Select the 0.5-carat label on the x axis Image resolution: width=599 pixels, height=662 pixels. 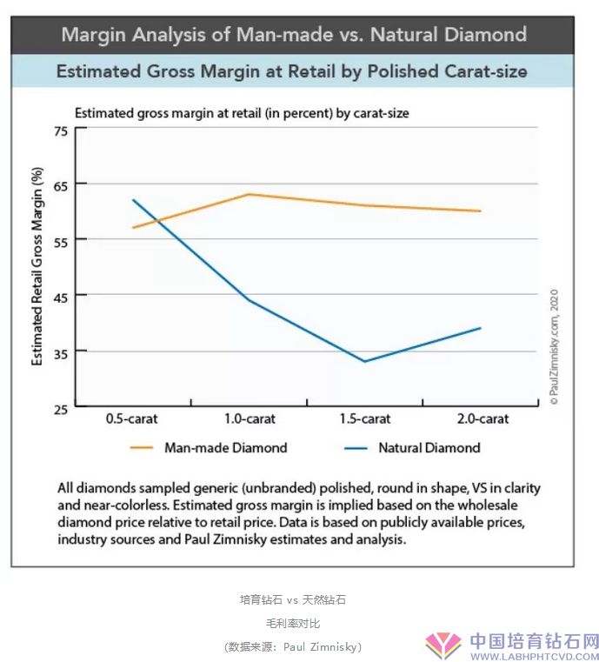pyautogui.click(x=132, y=418)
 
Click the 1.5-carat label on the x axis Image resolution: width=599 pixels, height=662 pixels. pyautogui.click(x=365, y=418)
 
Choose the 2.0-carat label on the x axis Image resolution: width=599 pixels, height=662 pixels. pyautogui.click(x=482, y=418)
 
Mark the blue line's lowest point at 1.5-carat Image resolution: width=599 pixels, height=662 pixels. pyautogui.click(x=365, y=361)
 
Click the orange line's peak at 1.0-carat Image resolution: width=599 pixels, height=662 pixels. pyautogui.click(x=250, y=194)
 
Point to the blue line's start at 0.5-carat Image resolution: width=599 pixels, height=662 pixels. pyautogui.click(x=133, y=200)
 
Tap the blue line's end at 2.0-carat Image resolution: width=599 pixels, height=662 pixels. pyautogui.click(x=481, y=328)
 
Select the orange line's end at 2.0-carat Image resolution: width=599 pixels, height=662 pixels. pyautogui.click(x=481, y=211)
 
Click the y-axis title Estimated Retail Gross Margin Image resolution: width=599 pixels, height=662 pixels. pyautogui.click(x=37, y=266)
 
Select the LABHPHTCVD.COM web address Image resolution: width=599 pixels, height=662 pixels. pyautogui.click(x=535, y=654)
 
